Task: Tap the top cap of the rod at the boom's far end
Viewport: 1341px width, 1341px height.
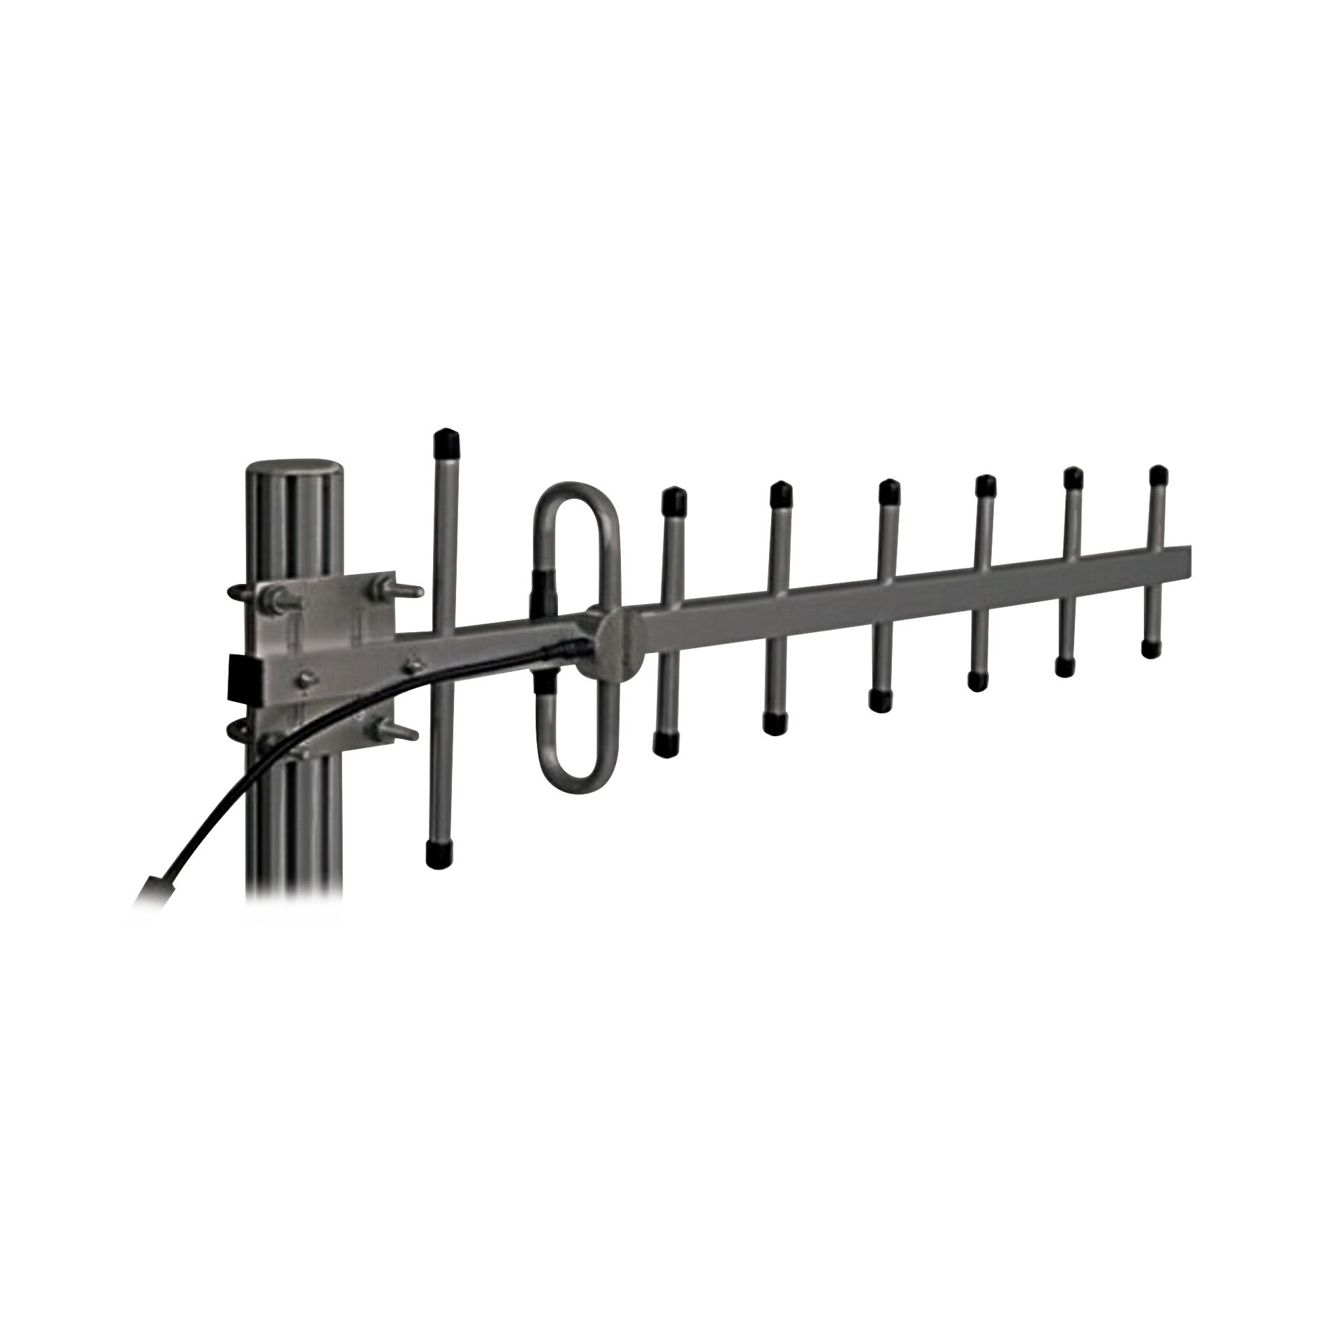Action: pyautogui.click(x=1159, y=476)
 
